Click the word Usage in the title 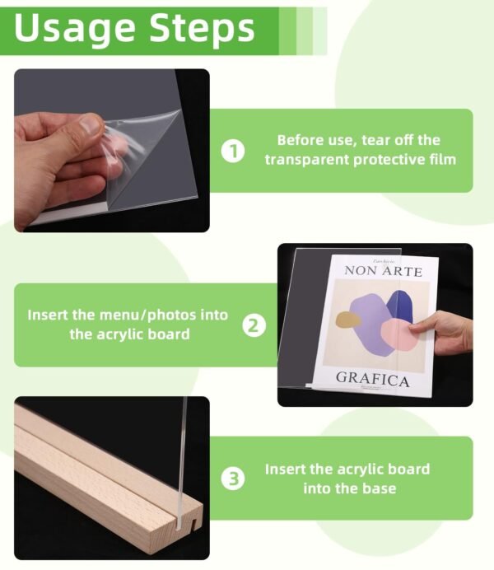pos(74,28)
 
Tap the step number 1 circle pos(234,151)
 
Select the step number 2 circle pos(254,325)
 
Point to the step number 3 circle pos(234,479)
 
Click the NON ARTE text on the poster pos(383,271)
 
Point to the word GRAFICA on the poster pos(372,380)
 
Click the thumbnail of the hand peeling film pos(111,150)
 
